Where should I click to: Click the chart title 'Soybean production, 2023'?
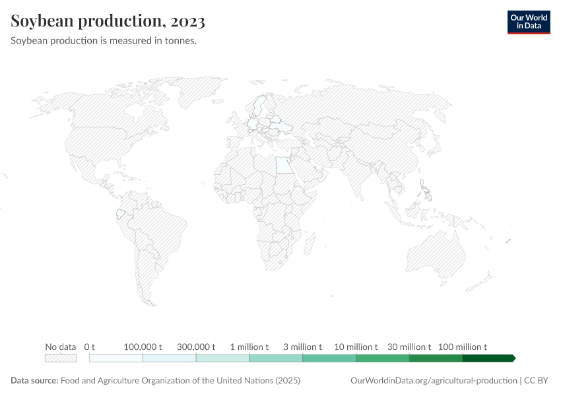pyautogui.click(x=108, y=21)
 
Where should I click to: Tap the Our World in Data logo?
pyautogui.click(x=528, y=22)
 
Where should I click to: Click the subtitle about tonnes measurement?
pyautogui.click(x=104, y=40)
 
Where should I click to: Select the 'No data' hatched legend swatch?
pyautogui.click(x=61, y=358)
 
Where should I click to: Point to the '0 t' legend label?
pyautogui.click(x=90, y=346)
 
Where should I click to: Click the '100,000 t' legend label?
pyautogui.click(x=143, y=346)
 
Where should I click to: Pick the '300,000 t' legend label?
pyautogui.click(x=196, y=346)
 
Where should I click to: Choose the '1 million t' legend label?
pyautogui.click(x=249, y=346)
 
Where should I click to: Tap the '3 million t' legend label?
pyautogui.click(x=303, y=346)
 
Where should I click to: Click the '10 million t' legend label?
pyautogui.click(x=356, y=346)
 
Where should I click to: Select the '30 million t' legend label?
pyautogui.click(x=409, y=346)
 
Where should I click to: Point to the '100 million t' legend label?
pyautogui.click(x=463, y=346)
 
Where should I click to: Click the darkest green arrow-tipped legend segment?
pyautogui.click(x=488, y=358)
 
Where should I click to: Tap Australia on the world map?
pyautogui.click(x=442, y=254)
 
